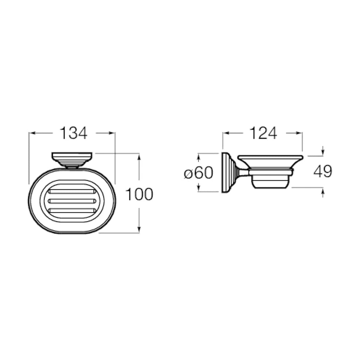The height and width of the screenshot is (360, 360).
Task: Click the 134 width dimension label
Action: coord(73,133)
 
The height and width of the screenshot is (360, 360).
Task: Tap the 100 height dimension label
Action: coord(139,194)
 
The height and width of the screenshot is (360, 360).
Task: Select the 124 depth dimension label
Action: coord(263,133)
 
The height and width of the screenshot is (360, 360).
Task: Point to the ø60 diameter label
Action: coord(199,172)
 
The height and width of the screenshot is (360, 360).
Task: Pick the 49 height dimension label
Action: coord(323,171)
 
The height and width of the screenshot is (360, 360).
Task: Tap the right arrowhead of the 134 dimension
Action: coord(112,133)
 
